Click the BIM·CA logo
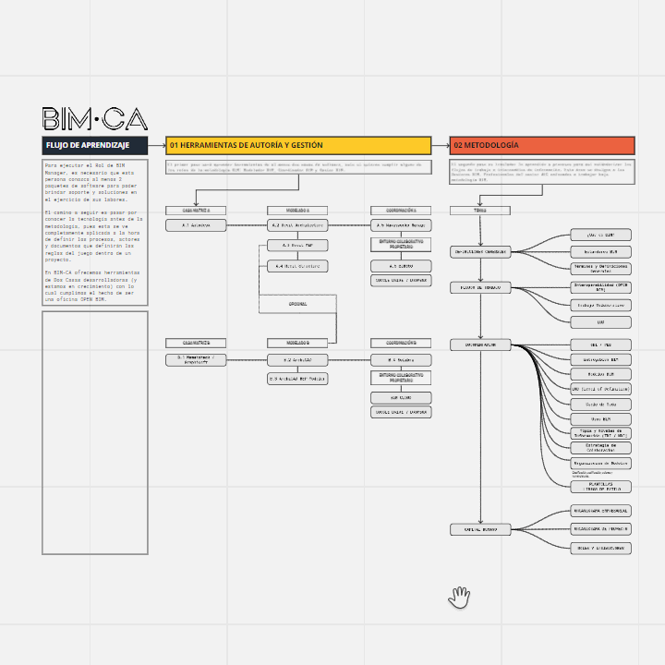pyautogui.click(x=94, y=119)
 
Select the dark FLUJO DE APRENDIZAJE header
pyautogui.click(x=95, y=145)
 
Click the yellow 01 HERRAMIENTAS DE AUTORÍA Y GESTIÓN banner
pyautogui.click(x=298, y=145)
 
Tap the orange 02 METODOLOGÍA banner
pyautogui.click(x=542, y=145)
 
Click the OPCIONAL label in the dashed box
pyautogui.click(x=297, y=303)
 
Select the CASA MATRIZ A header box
pyautogui.click(x=196, y=211)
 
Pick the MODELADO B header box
pyautogui.click(x=297, y=343)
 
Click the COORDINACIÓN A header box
pyautogui.click(x=400, y=211)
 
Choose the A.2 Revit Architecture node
pyautogui.click(x=297, y=224)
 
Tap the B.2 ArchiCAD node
pyautogui.click(x=297, y=359)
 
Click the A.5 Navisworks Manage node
pyautogui.click(x=400, y=224)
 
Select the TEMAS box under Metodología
pyautogui.click(x=479, y=211)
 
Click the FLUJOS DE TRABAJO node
pyautogui.click(x=479, y=287)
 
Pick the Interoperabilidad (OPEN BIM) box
pyautogui.click(x=600, y=287)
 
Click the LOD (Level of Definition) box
pyautogui.click(x=600, y=389)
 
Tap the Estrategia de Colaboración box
pyautogui.click(x=600, y=448)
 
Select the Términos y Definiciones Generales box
pyautogui.click(x=600, y=268)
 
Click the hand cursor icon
pyautogui.click(x=459, y=598)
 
